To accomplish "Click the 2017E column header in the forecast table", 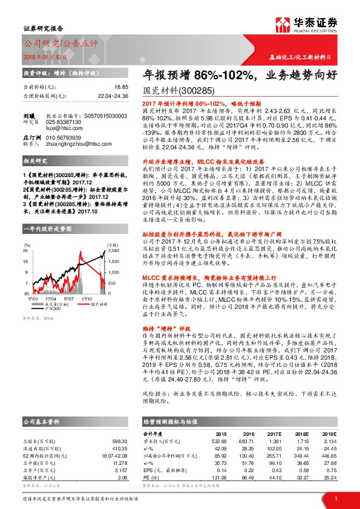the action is pyautogui.click(x=275, y=433).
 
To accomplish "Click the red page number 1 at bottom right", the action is pyautogui.click(x=335, y=498).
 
